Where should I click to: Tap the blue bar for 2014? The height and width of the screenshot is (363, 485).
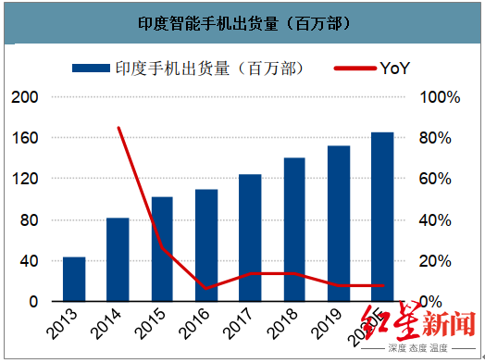118,259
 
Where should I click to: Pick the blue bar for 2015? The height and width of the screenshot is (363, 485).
162,249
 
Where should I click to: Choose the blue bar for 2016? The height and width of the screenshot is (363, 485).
206,245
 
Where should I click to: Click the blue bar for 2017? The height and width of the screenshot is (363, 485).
250,238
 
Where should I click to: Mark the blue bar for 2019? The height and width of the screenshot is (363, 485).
339,223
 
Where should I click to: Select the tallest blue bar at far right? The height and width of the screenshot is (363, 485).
382,217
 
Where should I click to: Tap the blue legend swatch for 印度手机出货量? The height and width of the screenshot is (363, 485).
90,69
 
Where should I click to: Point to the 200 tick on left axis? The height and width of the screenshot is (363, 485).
24,97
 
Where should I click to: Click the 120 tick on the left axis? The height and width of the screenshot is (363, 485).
24,179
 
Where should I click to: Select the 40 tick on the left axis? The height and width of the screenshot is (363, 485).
29,260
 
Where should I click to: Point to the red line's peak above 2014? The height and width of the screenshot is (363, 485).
118,128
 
